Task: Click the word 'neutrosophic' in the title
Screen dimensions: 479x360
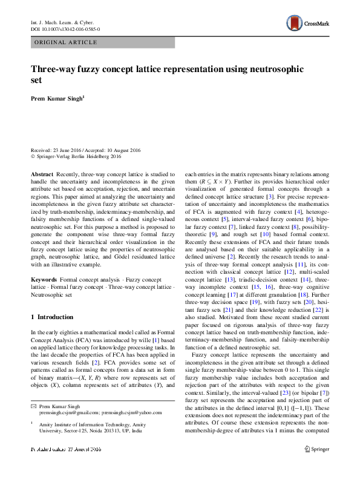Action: click(269, 70)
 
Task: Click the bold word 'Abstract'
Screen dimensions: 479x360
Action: click(42, 173)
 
